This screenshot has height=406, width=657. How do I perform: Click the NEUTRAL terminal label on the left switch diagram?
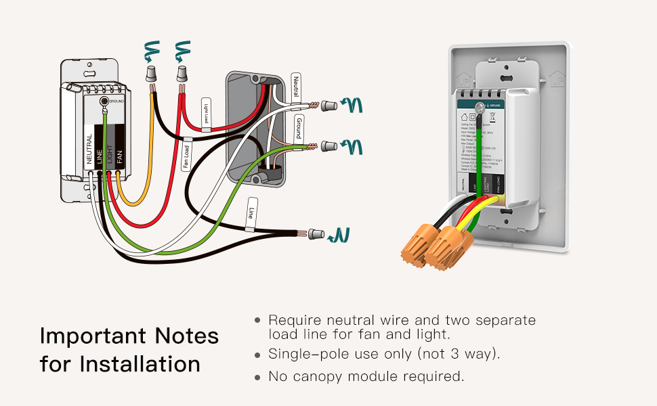89,150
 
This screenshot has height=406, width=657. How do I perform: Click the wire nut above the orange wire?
152,72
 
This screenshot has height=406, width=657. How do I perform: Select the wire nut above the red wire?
182,72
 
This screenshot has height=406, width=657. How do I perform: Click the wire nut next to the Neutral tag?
329,105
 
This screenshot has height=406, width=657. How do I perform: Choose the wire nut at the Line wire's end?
316,234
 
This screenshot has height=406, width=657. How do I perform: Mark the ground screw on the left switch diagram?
104,101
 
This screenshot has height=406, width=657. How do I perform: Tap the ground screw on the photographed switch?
479,106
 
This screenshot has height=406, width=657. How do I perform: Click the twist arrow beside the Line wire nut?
340,235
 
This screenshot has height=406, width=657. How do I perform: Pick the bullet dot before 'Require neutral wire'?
257,320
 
